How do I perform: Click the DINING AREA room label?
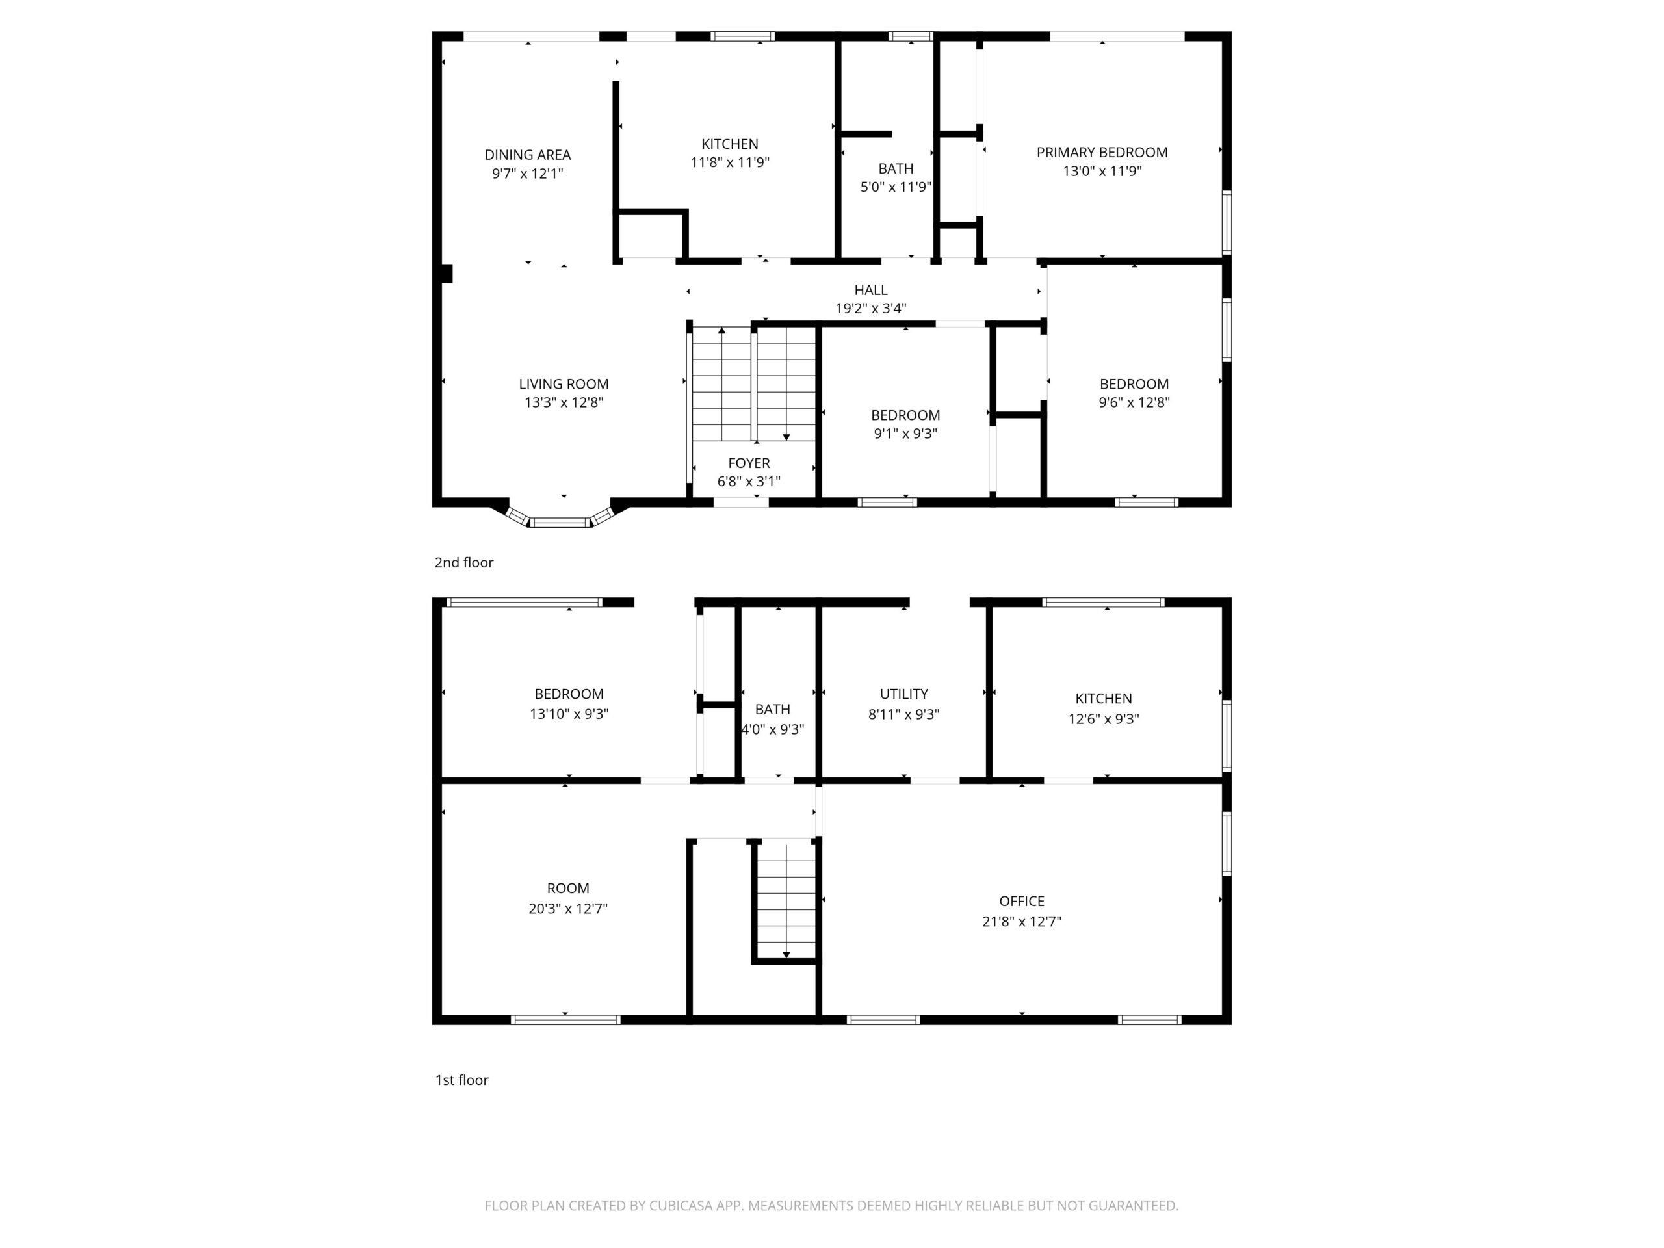(x=527, y=155)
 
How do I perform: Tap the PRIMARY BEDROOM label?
(x=1102, y=153)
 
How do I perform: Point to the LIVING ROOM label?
(x=564, y=384)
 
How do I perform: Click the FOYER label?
(x=749, y=463)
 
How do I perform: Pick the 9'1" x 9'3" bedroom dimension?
(x=905, y=434)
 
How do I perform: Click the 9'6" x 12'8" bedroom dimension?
(x=1134, y=402)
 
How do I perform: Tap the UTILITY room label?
(x=904, y=694)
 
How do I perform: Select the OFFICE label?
(x=1022, y=901)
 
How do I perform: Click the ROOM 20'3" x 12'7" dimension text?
(x=568, y=909)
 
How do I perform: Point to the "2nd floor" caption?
(x=464, y=563)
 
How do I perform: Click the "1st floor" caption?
(x=462, y=1080)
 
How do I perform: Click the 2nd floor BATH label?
(x=896, y=169)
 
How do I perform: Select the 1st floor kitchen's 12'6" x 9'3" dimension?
(x=1104, y=719)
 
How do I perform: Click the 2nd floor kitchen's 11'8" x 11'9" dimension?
(x=730, y=162)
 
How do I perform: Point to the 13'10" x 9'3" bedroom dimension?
(x=569, y=714)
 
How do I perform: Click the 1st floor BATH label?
(x=773, y=709)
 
